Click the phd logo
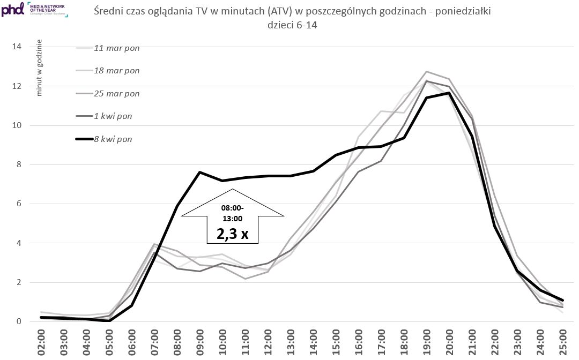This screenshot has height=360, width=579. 12,9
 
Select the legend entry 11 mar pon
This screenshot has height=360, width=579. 116,48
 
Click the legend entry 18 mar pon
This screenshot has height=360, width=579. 116,71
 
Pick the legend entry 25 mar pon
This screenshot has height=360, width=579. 116,93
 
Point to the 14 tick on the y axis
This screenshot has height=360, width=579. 17,47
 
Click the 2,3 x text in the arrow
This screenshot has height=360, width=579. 232,234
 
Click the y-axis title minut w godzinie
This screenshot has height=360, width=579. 39,71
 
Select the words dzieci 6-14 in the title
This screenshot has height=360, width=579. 292,25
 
